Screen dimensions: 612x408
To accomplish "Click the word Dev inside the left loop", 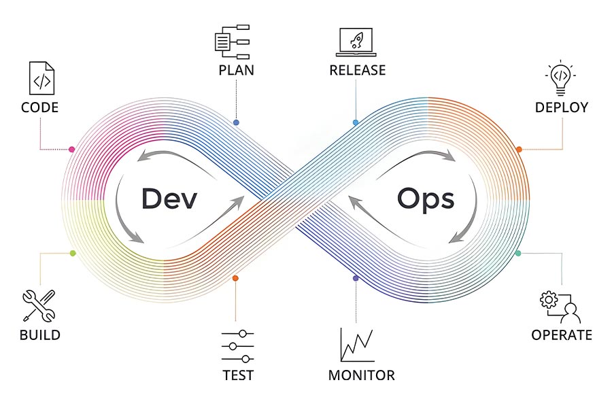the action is click(x=169, y=199).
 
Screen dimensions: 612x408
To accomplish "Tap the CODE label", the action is click(x=40, y=107).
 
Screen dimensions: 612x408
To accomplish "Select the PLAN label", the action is click(x=236, y=70).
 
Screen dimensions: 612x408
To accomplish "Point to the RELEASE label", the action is click(x=358, y=70).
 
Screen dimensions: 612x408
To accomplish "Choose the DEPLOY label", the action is click(x=561, y=107).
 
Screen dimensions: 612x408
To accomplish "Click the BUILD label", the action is click(x=40, y=335).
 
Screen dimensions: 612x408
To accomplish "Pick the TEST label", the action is click(x=238, y=375).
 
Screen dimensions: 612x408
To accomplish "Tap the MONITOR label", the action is click(x=362, y=375).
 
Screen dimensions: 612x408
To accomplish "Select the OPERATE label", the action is click(x=562, y=335).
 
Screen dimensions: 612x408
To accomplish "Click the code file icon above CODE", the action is click(x=41, y=78).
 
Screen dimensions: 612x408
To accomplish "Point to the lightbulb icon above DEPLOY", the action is click(x=560, y=78).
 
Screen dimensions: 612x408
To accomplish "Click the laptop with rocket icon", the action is click(x=356, y=42).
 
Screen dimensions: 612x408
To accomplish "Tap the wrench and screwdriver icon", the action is click(x=39, y=306).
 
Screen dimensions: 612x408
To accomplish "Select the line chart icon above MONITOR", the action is click(x=357, y=345).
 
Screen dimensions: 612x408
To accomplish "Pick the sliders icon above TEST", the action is click(x=238, y=346).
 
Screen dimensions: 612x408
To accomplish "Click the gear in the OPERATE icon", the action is click(x=549, y=300).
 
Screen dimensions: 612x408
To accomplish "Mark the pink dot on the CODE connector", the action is click(x=72, y=149).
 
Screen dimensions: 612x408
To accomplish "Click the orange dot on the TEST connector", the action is click(x=235, y=278).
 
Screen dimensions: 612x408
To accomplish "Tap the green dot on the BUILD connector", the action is click(x=73, y=254).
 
